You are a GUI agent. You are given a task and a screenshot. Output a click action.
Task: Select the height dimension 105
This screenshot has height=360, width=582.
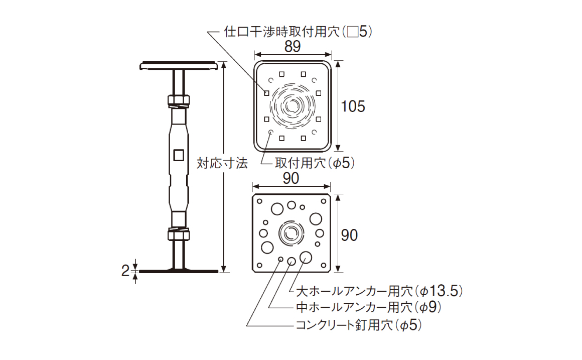pos(353,106)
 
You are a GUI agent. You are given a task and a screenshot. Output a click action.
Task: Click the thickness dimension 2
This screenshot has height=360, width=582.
pos(125,271)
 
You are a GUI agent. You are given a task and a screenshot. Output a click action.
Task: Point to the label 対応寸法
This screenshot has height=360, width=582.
pos(222,163)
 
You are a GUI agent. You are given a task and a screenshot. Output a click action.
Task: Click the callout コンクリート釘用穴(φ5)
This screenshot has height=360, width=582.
pos(358,325)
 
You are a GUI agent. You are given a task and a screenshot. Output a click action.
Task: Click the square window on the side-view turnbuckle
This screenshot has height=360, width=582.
pos(178,155)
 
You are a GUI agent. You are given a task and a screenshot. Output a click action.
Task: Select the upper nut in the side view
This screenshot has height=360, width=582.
pos(178,101)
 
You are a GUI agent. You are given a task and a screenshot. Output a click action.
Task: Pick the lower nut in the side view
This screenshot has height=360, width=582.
pos(178,234)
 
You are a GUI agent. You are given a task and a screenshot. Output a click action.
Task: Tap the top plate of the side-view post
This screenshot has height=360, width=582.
pos(178,66)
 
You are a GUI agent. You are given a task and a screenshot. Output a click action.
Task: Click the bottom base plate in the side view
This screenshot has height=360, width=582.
pos(178,271)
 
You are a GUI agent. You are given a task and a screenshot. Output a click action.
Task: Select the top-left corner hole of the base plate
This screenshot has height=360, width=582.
pos(259,201)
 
